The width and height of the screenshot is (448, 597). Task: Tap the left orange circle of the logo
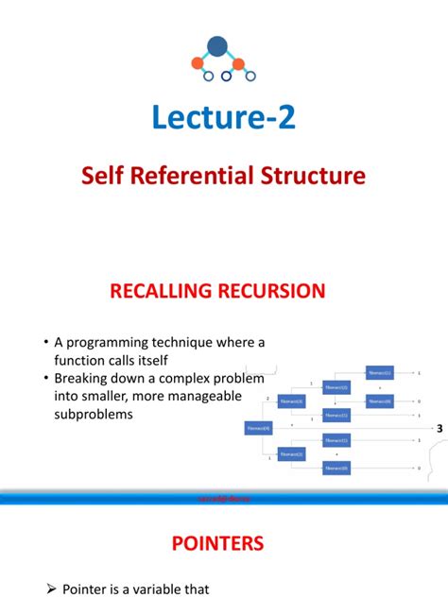point(198,64)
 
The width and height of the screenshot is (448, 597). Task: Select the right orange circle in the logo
point(239,64)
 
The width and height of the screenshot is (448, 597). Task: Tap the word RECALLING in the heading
point(166,290)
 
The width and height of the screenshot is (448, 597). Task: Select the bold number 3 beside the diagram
point(439,428)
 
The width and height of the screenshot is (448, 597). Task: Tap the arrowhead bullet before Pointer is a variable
point(53,588)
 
